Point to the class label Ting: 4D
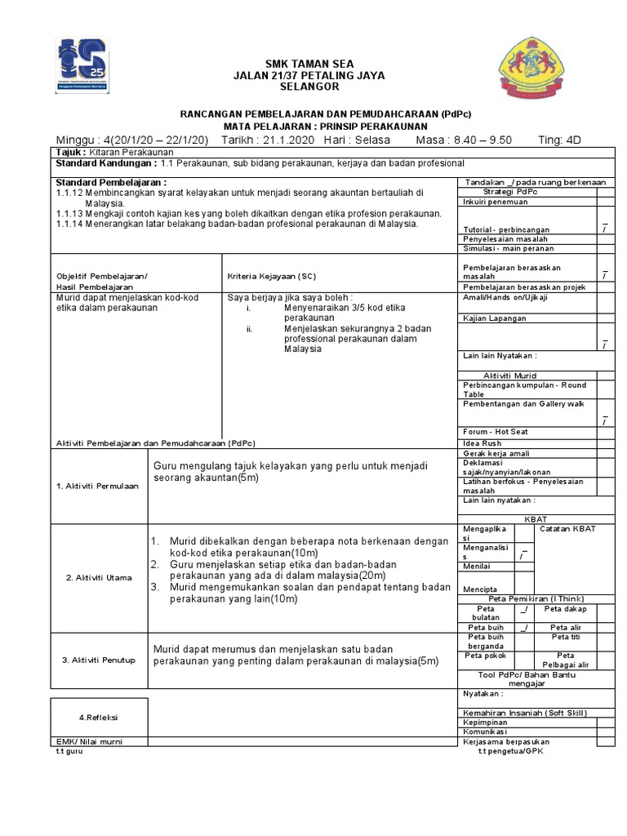click(x=560, y=140)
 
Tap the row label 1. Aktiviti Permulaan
click(x=98, y=486)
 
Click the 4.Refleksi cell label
click(x=99, y=717)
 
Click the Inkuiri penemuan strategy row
click(x=496, y=201)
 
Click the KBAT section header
click(x=535, y=518)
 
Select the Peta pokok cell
click(x=485, y=656)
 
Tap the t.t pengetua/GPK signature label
click(x=511, y=751)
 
